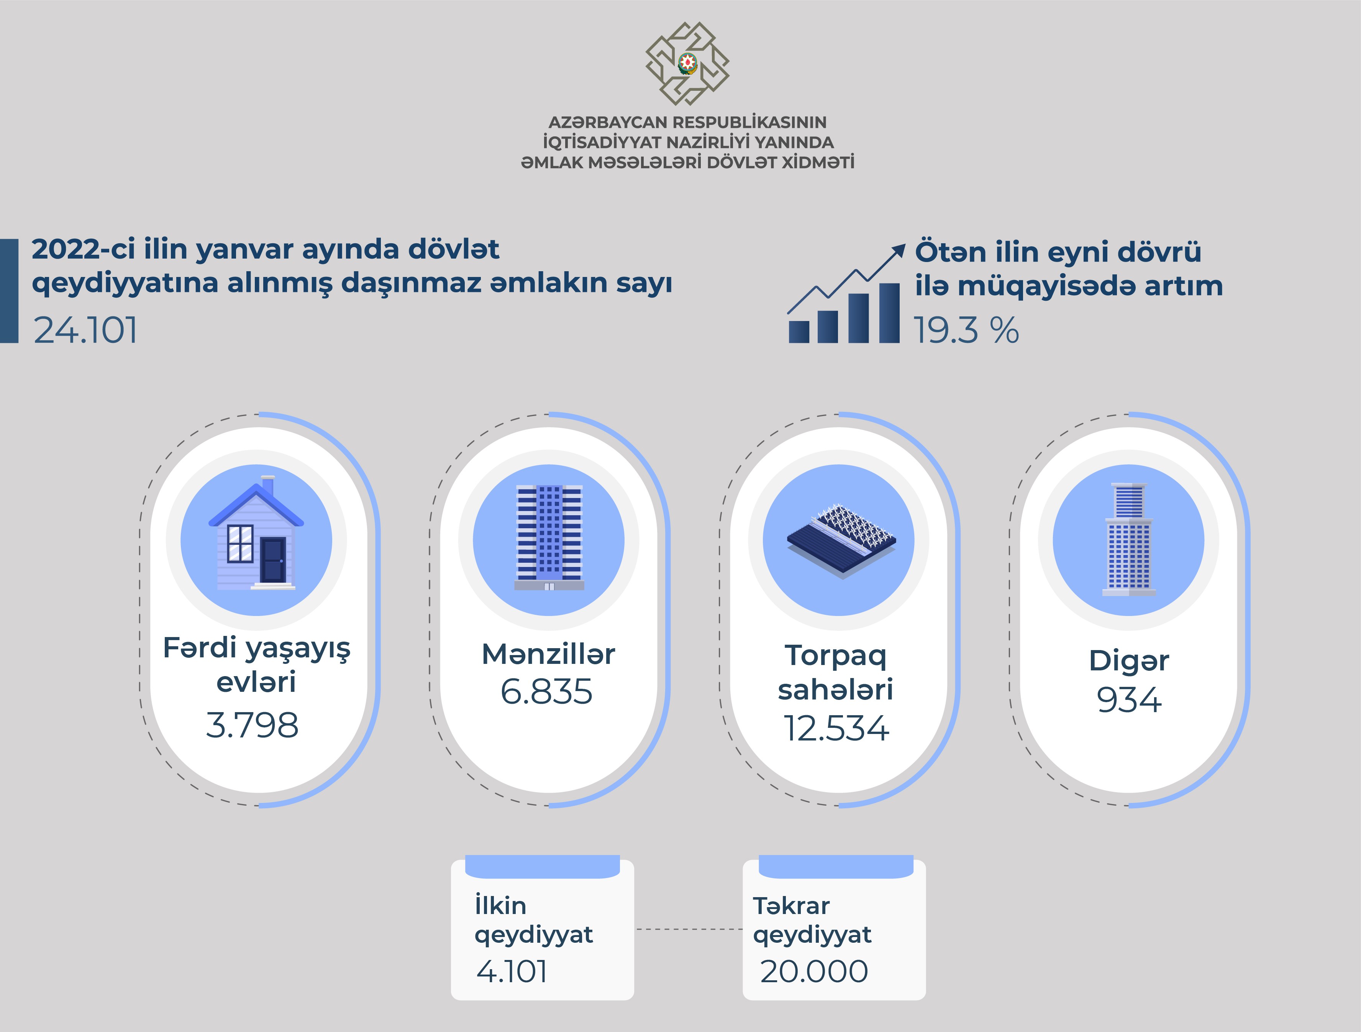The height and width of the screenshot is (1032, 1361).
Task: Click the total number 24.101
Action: pyautogui.click(x=85, y=330)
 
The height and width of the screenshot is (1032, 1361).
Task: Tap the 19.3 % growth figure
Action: pyautogui.click(x=965, y=330)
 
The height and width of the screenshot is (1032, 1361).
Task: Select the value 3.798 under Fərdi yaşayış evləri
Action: pyautogui.click(x=252, y=725)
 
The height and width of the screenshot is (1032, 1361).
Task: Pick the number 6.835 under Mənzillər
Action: pyautogui.click(x=546, y=691)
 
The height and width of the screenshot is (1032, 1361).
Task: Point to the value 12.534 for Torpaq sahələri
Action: pyautogui.click(x=836, y=728)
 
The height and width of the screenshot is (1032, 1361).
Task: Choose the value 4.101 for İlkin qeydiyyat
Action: pyautogui.click(x=512, y=971)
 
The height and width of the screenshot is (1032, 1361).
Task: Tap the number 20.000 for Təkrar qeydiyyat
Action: pyautogui.click(x=814, y=971)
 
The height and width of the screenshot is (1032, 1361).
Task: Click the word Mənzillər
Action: pyautogui.click(x=548, y=654)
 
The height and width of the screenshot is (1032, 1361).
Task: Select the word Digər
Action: pyautogui.click(x=1129, y=660)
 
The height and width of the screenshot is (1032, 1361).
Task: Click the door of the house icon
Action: pyautogui.click(x=272, y=560)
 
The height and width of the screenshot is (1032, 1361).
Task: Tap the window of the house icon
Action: pyautogui.click(x=240, y=543)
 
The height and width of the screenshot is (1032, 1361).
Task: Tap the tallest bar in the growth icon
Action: pyautogui.click(x=890, y=313)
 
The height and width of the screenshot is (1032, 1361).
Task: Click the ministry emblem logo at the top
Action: pyautogui.click(x=687, y=63)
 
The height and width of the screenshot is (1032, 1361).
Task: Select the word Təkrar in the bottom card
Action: pyautogui.click(x=791, y=906)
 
